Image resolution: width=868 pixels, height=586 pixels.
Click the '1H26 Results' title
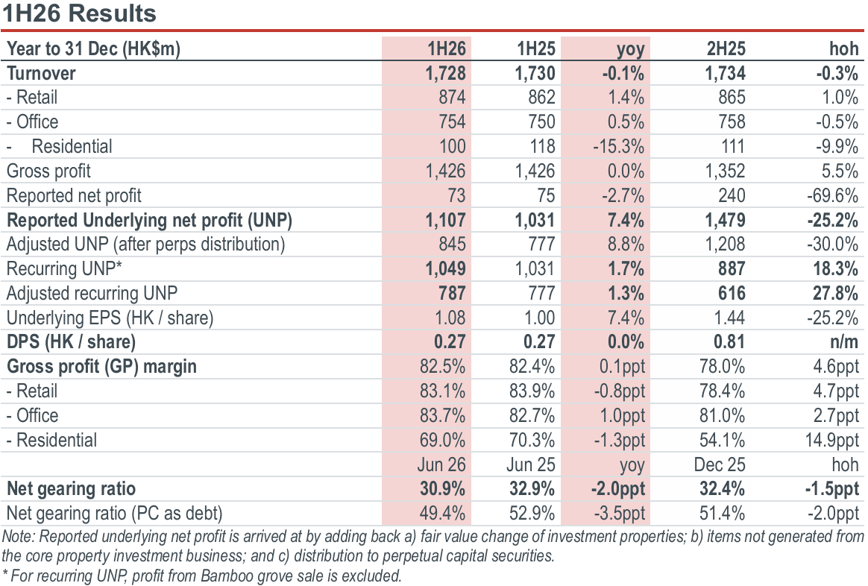coord(79,13)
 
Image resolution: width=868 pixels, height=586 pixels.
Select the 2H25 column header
coord(726,48)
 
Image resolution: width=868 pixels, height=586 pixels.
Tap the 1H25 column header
coord(536,48)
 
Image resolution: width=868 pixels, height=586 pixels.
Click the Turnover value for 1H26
coord(446,73)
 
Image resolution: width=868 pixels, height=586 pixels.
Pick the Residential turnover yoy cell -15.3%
coord(618,147)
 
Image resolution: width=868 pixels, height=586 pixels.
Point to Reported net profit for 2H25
coord(732,195)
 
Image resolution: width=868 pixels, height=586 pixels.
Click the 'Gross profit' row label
coord(48,171)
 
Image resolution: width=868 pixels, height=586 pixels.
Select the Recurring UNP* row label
coord(64,269)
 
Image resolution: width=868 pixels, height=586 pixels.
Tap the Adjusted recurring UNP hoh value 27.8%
coord(835,293)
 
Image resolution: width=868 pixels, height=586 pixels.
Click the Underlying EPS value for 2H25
coord(729,318)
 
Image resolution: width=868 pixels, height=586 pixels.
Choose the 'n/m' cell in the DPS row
coord(844,342)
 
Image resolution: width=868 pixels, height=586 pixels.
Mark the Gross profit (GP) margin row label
coord(102,367)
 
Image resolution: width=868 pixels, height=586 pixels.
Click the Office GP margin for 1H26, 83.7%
coord(442,415)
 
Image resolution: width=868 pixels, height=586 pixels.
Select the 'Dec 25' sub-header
coord(720,464)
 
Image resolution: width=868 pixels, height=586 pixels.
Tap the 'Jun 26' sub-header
coord(441,464)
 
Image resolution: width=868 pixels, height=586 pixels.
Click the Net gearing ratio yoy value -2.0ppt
coord(617,489)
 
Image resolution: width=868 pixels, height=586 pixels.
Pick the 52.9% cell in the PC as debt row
coord(532,514)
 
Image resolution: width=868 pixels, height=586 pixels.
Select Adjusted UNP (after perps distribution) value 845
coord(452,245)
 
